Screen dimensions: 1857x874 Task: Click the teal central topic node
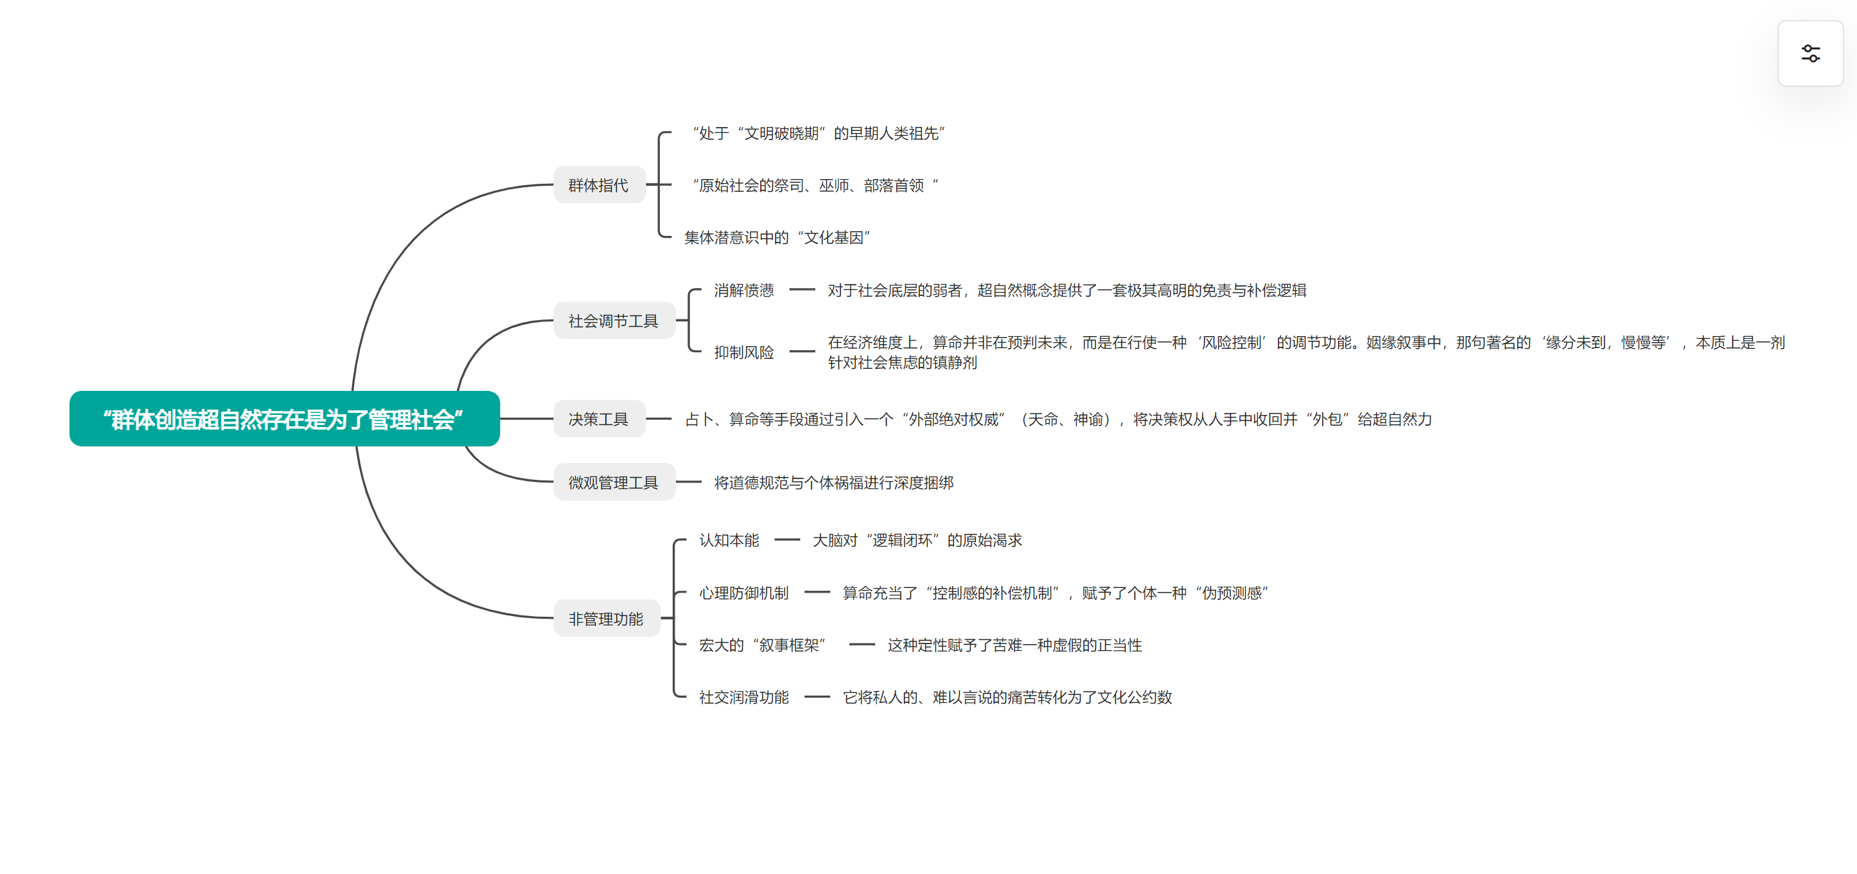pyautogui.click(x=284, y=418)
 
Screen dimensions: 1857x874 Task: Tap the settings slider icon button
pyautogui.click(x=1810, y=53)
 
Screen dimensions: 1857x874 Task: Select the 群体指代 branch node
pyautogui.click(x=599, y=185)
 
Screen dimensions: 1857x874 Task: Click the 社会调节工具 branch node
pyautogui.click(x=613, y=320)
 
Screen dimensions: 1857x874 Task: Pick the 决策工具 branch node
pyautogui.click(x=599, y=419)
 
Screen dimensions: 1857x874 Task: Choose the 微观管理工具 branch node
pyautogui.click(x=613, y=482)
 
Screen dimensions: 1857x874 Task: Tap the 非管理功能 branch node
pyautogui.click(x=607, y=618)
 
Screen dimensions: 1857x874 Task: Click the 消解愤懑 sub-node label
pyautogui.click(x=744, y=290)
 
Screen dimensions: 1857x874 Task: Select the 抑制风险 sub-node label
pyautogui.click(x=744, y=352)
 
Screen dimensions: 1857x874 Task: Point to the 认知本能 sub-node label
pyautogui.click(x=729, y=540)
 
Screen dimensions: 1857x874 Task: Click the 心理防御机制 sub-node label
pyautogui.click(x=744, y=593)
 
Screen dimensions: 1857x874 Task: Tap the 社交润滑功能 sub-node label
pyautogui.click(x=744, y=697)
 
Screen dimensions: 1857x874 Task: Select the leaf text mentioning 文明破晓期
pyautogui.click(x=818, y=134)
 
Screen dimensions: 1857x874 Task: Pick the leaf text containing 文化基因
pyautogui.click(x=777, y=237)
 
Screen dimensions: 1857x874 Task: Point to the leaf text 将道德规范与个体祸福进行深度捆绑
pyautogui.click(x=834, y=482)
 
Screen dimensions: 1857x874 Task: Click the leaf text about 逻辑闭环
pyautogui.click(x=917, y=540)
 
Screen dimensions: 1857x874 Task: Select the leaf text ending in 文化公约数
pyautogui.click(x=1007, y=697)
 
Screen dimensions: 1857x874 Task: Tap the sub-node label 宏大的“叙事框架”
pyautogui.click(x=762, y=645)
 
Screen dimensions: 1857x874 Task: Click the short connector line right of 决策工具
pyautogui.click(x=658, y=419)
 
